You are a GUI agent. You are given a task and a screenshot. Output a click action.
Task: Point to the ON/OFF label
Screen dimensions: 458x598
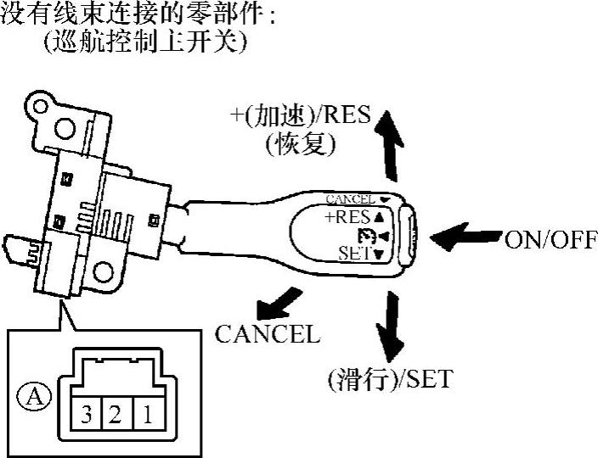pyautogui.click(x=551, y=240)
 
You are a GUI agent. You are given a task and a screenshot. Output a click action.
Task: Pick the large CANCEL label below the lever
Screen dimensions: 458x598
pyautogui.click(x=268, y=334)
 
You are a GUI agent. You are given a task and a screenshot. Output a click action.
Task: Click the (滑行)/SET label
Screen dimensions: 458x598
pyautogui.click(x=390, y=378)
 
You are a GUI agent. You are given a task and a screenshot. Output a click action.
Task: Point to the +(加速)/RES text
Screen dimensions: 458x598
pyautogui.click(x=301, y=116)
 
